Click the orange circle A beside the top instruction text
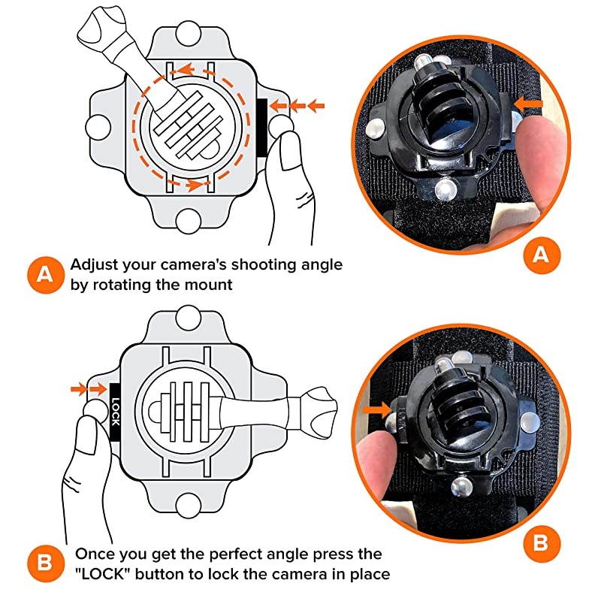(x=45, y=274)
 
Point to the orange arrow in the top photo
(x=531, y=99)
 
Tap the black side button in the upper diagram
(x=262, y=125)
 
